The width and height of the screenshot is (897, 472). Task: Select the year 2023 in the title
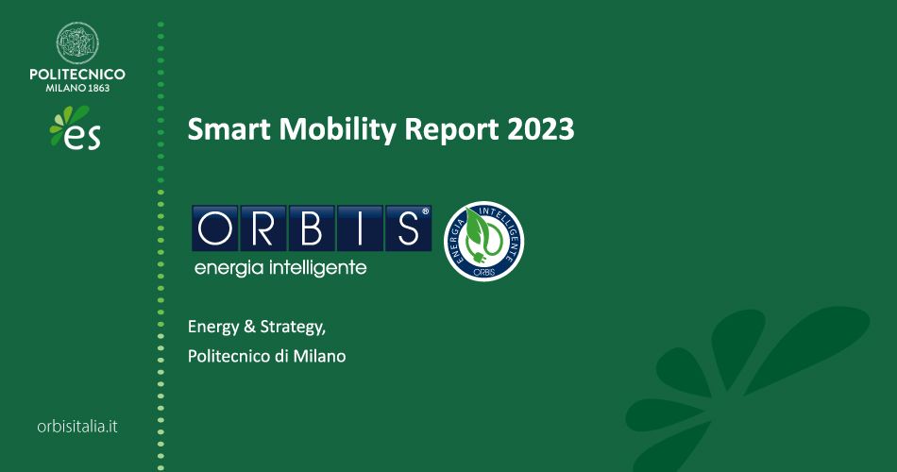(x=540, y=129)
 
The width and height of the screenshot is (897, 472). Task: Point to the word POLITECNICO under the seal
(x=77, y=74)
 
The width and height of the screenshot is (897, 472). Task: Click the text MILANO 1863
(x=77, y=88)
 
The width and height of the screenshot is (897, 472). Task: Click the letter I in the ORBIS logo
(x=358, y=228)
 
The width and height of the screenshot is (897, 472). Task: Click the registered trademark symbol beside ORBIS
(x=426, y=211)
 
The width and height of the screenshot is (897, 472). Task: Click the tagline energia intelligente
(x=279, y=268)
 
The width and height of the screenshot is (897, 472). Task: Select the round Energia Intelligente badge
(x=484, y=242)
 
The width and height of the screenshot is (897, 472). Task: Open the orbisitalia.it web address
(x=77, y=427)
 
